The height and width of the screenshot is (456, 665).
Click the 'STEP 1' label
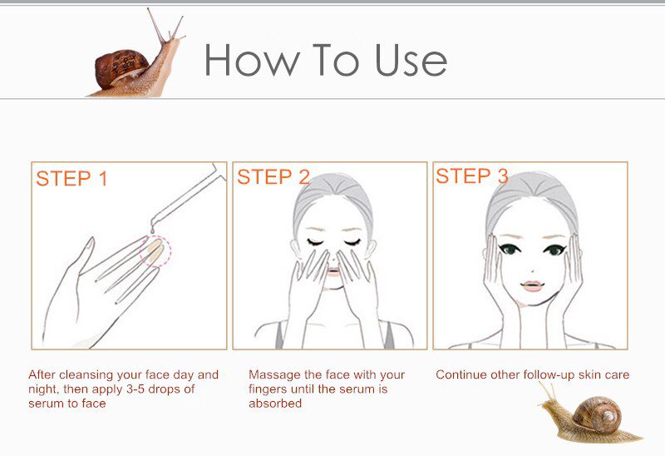[71, 179]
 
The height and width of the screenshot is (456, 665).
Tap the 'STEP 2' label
[273, 177]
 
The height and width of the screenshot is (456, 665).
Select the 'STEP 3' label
[471, 176]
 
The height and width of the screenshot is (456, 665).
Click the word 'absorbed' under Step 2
[274, 404]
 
